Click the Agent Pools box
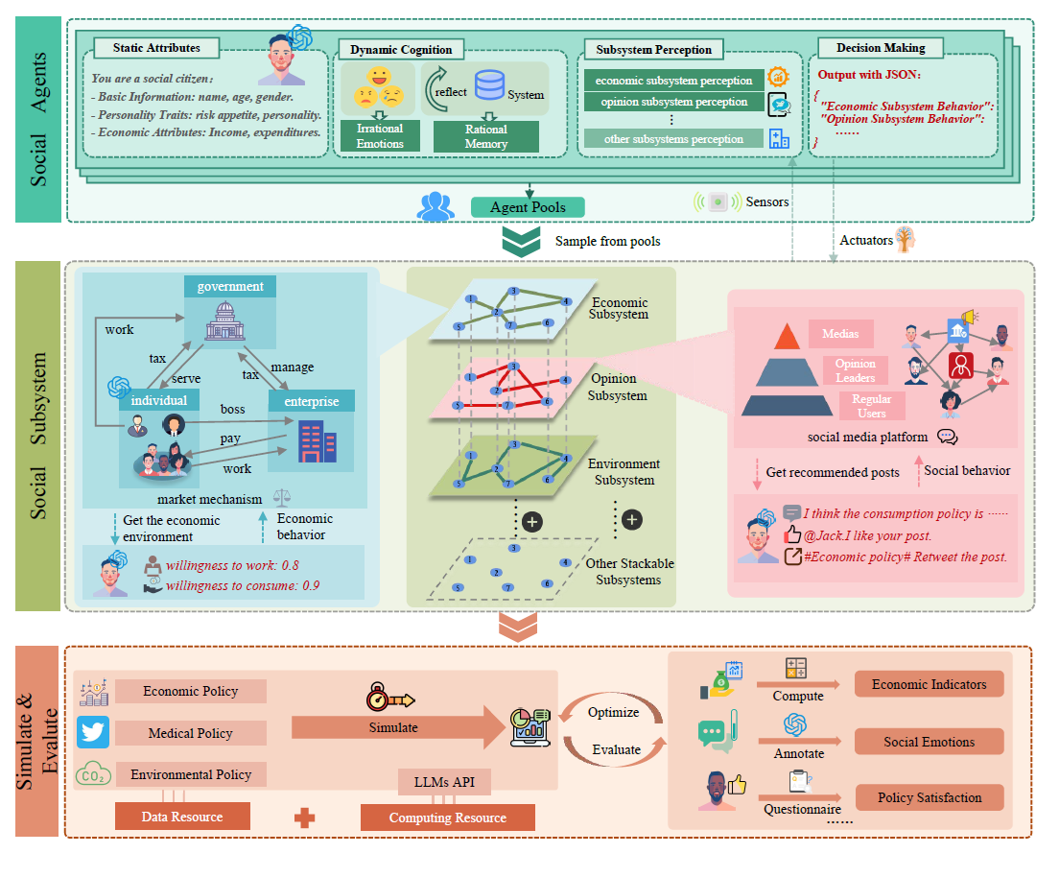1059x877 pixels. (528, 206)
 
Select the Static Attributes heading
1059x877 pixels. (156, 48)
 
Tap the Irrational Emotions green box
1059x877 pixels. (379, 136)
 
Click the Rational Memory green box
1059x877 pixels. (486, 136)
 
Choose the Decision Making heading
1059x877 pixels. (881, 48)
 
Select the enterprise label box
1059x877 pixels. (311, 401)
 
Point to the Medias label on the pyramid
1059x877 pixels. (840, 334)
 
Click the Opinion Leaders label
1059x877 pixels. (855, 370)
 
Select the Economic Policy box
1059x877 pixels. (190, 691)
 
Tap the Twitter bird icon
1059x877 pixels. (93, 732)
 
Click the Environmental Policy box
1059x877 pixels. (190, 774)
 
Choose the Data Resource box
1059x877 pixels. (182, 817)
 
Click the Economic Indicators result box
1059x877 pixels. (929, 684)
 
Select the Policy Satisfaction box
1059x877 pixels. (929, 797)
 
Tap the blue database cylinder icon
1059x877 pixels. (489, 85)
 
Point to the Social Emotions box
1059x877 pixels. (929, 742)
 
